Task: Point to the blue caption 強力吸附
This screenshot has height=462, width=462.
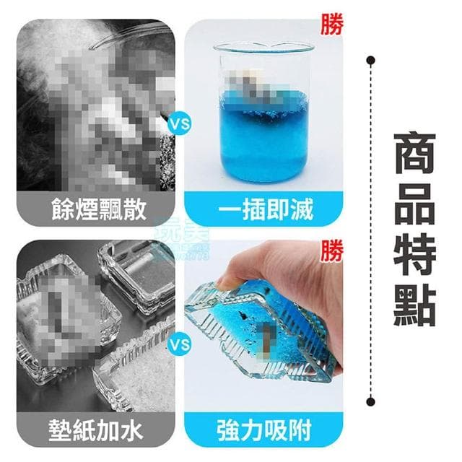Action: click(x=263, y=430)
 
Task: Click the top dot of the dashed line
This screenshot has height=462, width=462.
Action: click(x=370, y=58)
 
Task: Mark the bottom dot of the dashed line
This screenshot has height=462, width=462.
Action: click(x=370, y=401)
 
